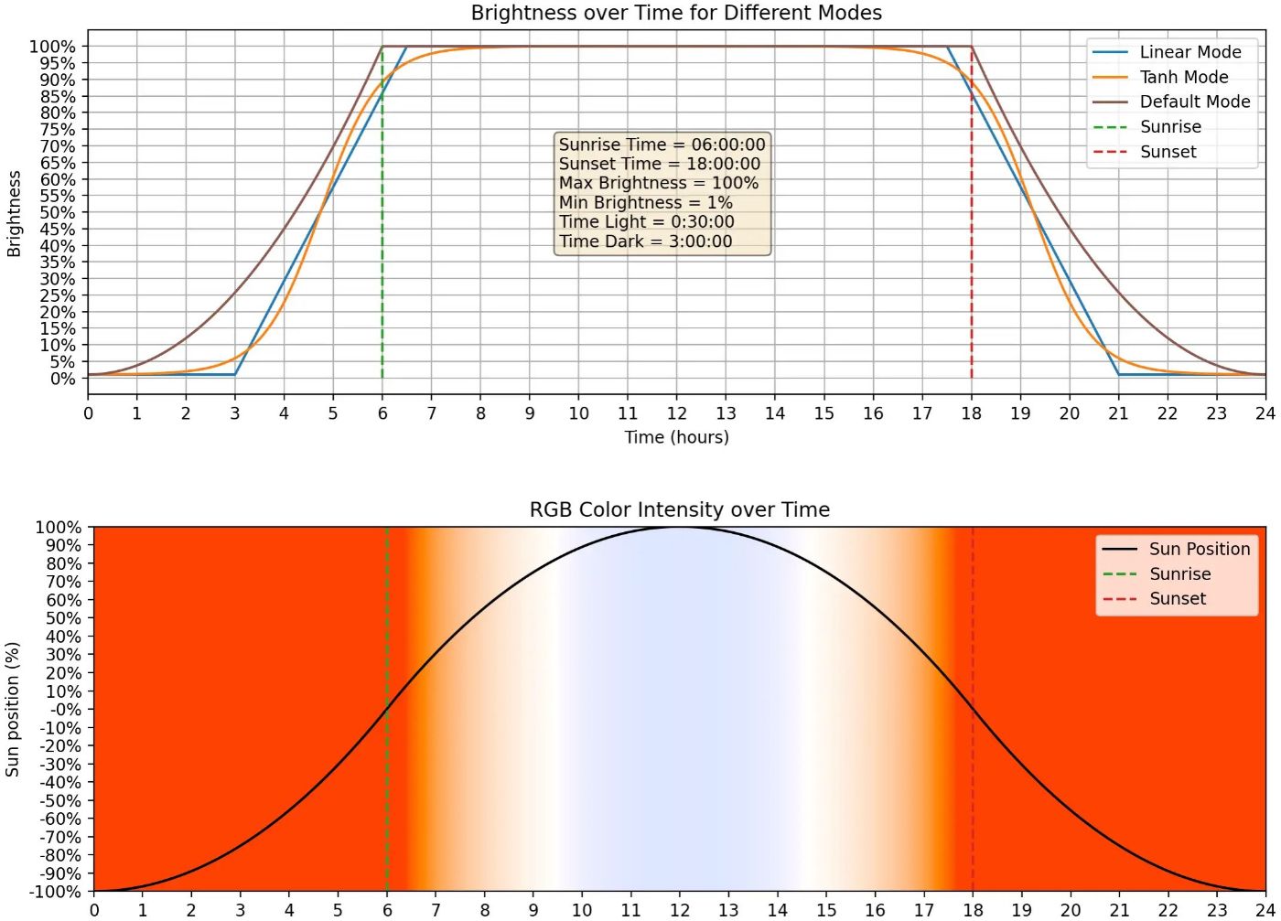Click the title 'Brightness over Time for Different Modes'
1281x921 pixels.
676,13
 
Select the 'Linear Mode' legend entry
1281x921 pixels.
1189,52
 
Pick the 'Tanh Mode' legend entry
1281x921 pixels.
1183,77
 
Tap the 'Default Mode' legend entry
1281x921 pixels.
1194,102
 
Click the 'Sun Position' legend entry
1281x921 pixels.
1199,549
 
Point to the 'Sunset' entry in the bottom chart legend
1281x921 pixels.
1177,598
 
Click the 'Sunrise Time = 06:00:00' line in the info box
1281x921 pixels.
662,145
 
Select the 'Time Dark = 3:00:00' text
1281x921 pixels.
645,241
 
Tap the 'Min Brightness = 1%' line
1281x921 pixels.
645,202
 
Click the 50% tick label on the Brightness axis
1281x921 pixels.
57,212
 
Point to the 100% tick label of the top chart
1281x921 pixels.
53,47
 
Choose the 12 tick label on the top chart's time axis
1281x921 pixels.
676,412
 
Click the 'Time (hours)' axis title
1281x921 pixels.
676,437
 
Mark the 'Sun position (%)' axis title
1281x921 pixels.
13,709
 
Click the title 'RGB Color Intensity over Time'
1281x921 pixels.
679,509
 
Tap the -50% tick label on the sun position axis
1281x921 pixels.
60,800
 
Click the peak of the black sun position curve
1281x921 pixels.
679,527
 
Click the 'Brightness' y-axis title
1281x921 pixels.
14,212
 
